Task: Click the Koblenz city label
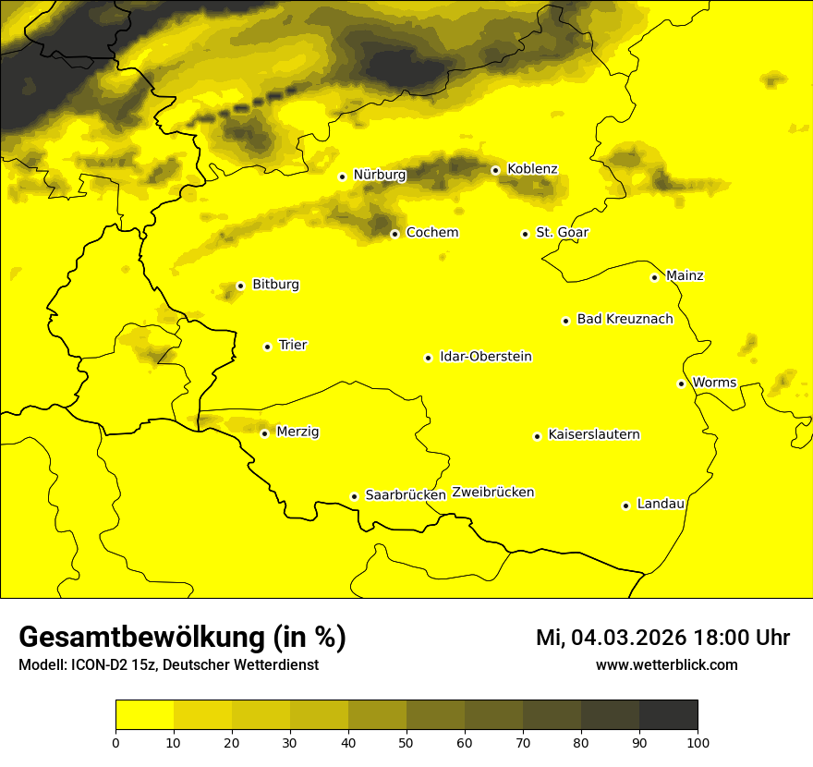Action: [532, 169]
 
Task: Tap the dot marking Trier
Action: [267, 347]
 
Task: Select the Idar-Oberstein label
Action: [486, 357]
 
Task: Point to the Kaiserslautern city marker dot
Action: [537, 436]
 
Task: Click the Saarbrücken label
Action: [406, 495]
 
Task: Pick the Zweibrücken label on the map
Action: [493, 493]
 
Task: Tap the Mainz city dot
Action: [654, 277]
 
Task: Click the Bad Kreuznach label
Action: [625, 320]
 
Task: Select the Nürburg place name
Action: [379, 175]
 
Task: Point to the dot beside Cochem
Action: [394, 234]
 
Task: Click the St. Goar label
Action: [562, 233]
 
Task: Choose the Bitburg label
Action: [275, 285]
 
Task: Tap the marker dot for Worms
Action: [681, 383]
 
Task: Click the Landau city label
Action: [661, 505]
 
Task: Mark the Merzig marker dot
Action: [264, 433]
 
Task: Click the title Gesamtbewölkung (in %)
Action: [182, 638]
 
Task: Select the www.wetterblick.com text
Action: [666, 665]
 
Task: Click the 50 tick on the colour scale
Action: [406, 741]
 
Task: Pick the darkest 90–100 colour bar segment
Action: [668, 714]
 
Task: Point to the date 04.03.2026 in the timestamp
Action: [627, 638]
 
